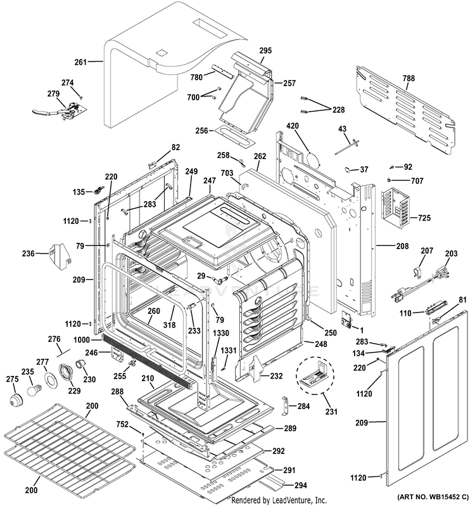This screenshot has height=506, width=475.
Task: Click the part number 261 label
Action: click(x=80, y=62)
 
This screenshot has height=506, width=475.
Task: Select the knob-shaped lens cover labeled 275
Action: click(x=15, y=400)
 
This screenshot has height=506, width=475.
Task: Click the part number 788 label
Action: click(x=408, y=78)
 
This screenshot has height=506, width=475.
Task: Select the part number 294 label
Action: click(x=300, y=485)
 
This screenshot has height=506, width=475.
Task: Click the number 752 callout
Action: click(x=122, y=424)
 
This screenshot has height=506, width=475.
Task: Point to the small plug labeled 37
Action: click(x=348, y=169)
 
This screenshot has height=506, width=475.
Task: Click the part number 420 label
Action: click(x=292, y=126)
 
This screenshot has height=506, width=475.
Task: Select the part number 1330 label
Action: click(x=221, y=334)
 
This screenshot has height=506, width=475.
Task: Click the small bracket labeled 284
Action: click(x=285, y=406)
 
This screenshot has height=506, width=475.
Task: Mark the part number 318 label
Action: click(x=169, y=325)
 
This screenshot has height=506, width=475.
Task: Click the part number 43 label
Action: click(x=342, y=129)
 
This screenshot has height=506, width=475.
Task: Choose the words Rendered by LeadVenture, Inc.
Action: click(x=279, y=500)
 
